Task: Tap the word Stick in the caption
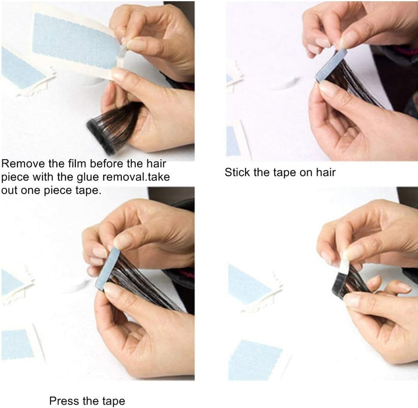point(237,172)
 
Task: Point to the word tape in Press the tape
point(113,400)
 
